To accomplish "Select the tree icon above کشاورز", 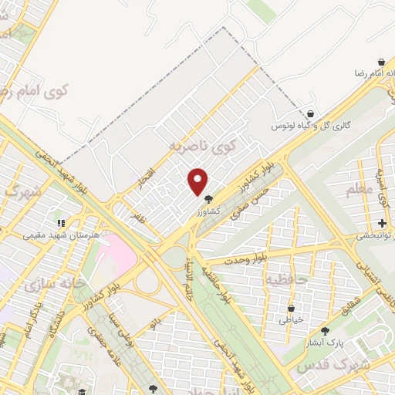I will pos(208,198).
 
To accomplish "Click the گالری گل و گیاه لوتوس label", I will pos(309,125).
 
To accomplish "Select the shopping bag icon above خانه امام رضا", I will pos(381,61).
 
